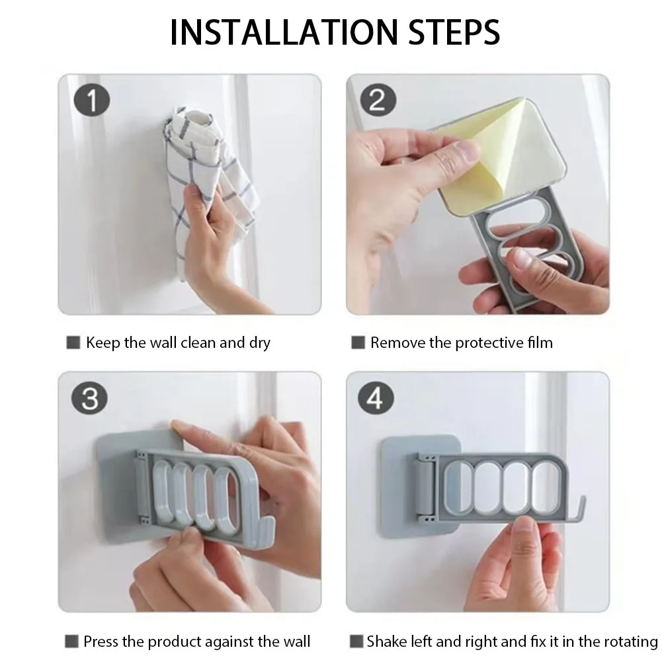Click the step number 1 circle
point(92,100)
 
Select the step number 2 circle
point(378,100)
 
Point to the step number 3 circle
point(89,398)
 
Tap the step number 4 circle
point(376,398)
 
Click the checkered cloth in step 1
point(207,177)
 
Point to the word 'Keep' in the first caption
point(103,343)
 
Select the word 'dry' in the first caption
point(260,343)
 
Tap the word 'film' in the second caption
point(540,343)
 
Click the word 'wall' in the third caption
point(297,641)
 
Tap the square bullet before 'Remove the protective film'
point(358,343)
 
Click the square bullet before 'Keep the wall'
point(73,343)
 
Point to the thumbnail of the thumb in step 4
point(525,525)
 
